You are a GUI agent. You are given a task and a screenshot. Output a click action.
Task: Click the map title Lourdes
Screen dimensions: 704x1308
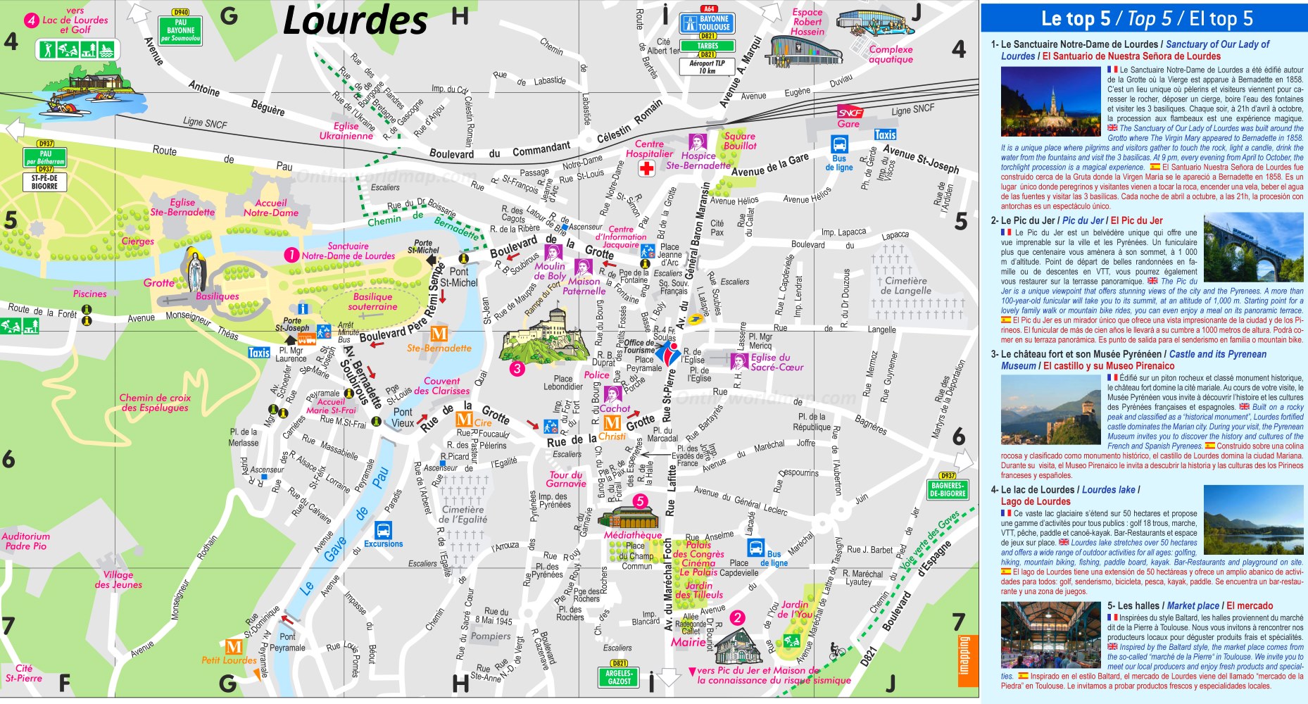(x=355, y=21)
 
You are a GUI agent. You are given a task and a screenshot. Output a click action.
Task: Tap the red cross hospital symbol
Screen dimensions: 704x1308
(x=646, y=168)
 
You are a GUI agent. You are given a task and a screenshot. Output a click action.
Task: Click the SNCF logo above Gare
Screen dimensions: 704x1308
(x=850, y=113)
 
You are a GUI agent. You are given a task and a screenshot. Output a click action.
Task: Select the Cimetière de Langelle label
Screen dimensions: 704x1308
(x=905, y=285)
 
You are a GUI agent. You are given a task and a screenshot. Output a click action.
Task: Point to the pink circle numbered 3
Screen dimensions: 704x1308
(x=517, y=368)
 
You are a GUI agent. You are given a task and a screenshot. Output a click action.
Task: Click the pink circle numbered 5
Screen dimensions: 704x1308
(x=640, y=501)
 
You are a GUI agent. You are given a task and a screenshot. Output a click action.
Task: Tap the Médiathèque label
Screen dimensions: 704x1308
(x=632, y=535)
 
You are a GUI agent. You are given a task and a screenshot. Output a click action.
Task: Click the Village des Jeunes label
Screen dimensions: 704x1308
(x=118, y=579)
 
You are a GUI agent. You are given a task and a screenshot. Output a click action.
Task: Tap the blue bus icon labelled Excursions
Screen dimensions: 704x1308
(x=383, y=529)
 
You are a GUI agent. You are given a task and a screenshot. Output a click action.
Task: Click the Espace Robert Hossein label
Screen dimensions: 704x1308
(x=807, y=22)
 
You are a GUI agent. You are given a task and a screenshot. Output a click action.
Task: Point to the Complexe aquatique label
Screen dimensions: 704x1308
(x=891, y=54)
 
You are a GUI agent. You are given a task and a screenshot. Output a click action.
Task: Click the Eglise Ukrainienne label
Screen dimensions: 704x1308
(x=346, y=131)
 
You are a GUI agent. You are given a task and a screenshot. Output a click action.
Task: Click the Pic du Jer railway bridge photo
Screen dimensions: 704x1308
(x=1253, y=247)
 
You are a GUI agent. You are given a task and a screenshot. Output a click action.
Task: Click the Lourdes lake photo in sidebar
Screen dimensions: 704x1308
(x=1253, y=520)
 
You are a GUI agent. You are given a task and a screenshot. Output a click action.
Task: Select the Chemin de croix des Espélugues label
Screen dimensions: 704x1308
(x=155, y=403)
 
